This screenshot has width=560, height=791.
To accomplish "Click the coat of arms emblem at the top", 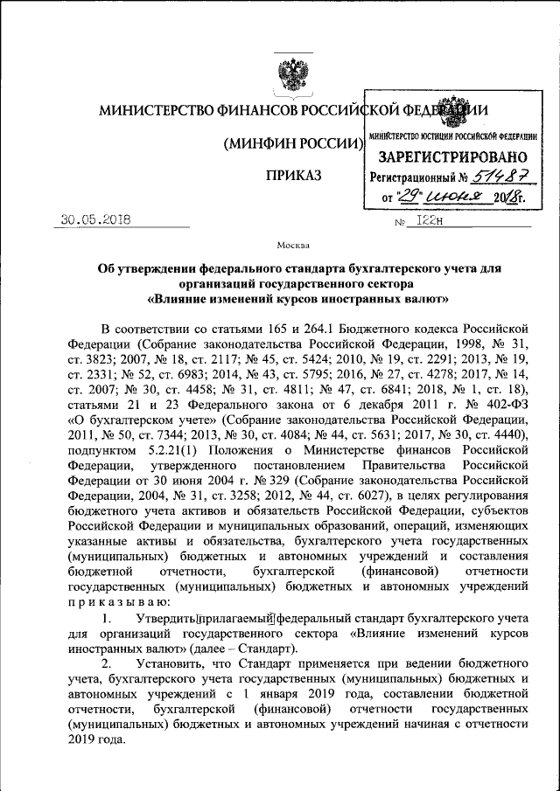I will tap(287, 72).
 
